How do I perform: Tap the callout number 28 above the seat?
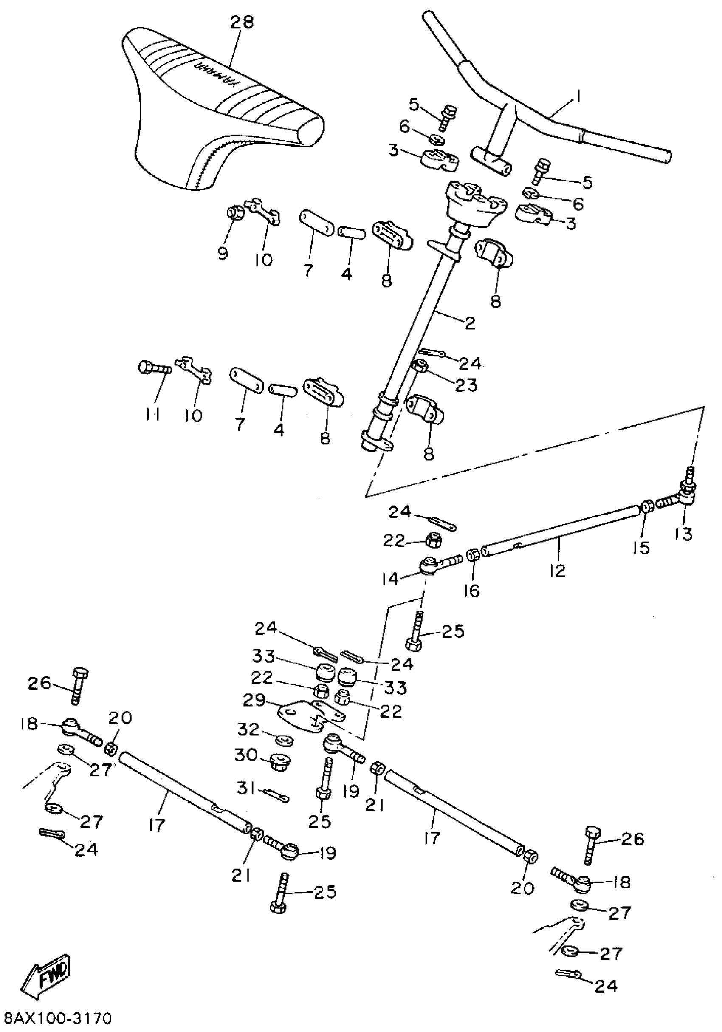point(242,22)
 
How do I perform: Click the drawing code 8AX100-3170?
point(57,1018)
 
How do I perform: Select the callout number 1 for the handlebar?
point(578,96)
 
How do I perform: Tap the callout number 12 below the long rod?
point(557,571)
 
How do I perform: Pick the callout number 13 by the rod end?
point(683,534)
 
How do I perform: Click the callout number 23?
point(466,385)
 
